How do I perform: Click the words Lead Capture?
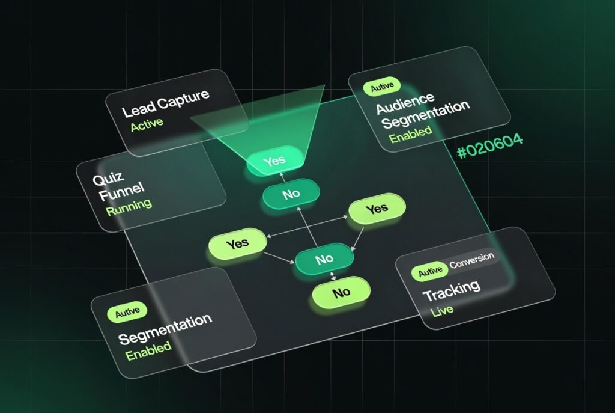point(165,103)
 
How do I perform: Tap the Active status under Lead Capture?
point(147,125)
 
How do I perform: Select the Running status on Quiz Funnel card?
point(129,207)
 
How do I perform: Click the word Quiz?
point(108,178)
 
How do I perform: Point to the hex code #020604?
point(490,146)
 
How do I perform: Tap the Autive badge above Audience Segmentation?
point(381,87)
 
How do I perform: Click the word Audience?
point(405,103)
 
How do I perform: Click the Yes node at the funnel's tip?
point(275,160)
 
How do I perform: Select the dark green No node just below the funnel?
point(291,194)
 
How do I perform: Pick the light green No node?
point(341,293)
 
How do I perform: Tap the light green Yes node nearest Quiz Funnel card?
point(237,243)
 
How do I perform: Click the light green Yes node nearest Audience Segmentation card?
point(377,209)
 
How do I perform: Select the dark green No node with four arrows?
point(324,259)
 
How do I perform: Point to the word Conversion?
point(472,260)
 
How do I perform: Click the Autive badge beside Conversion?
point(430,271)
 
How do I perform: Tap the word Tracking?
point(452,291)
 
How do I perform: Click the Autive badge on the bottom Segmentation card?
point(127,313)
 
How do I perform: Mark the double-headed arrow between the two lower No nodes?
point(333,275)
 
